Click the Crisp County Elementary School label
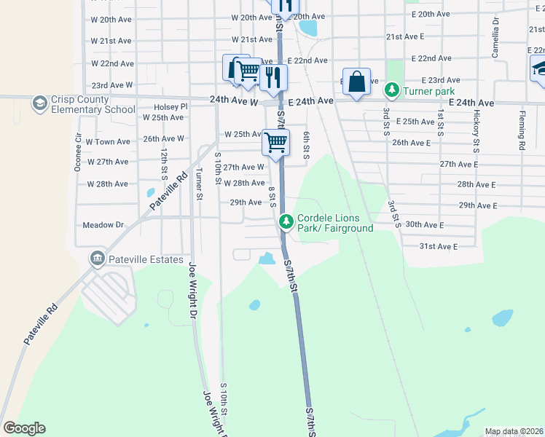click(x=93, y=104)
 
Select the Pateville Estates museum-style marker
click(x=97, y=259)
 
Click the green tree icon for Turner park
click(x=391, y=91)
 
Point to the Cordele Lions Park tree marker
click(x=287, y=219)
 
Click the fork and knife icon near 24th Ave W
click(x=274, y=77)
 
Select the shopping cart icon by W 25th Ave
click(x=275, y=141)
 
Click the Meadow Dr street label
click(x=104, y=225)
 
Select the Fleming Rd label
click(x=522, y=130)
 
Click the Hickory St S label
click(x=477, y=126)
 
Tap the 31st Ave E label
click(x=438, y=247)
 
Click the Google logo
click(x=24, y=428)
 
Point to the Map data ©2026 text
click(x=514, y=431)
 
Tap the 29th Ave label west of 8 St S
click(x=246, y=202)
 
